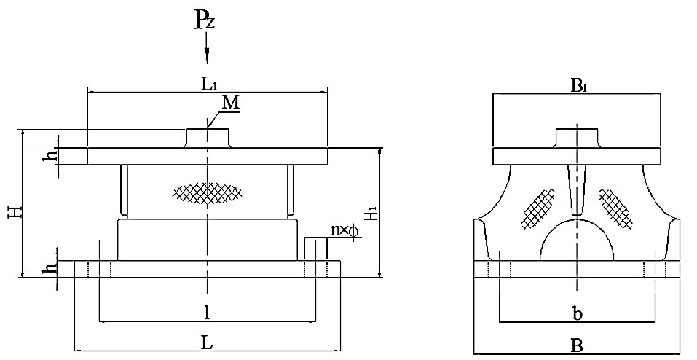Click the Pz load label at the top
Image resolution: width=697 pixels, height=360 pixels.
tap(204, 20)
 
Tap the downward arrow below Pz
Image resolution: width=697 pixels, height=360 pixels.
tap(208, 52)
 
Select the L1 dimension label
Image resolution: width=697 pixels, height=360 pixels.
tap(208, 84)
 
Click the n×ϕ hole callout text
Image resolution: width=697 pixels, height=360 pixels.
tap(344, 230)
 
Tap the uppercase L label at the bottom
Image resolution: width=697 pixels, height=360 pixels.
tap(208, 341)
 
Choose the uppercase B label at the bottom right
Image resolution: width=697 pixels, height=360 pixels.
tap(576, 343)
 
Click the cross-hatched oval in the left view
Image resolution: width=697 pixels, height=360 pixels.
tap(208, 192)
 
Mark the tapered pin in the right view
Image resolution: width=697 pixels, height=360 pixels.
tap(576, 188)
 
